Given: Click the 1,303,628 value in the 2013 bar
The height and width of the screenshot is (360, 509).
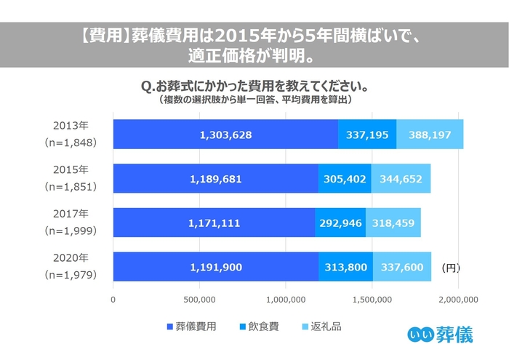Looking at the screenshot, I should point(225,135).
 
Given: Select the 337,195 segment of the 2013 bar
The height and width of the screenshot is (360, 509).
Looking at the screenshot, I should point(367,135).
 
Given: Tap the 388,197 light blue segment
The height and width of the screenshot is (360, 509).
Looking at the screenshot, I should point(430,135).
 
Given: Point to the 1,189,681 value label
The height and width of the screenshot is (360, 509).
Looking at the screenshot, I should point(216,179).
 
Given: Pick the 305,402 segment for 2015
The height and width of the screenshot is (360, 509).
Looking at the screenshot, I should point(345,179).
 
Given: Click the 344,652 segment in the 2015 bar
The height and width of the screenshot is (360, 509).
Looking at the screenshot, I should point(401,179).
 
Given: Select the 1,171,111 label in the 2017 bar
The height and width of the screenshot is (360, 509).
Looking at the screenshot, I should point(214,223).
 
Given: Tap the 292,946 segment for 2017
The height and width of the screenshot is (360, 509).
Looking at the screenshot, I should point(340,223).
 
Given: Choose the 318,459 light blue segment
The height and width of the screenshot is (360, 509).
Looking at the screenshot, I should point(393,223).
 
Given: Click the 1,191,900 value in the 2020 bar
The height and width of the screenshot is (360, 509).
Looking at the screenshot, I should point(216,268).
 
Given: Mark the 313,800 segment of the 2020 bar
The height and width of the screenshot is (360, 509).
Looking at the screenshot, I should point(345,268).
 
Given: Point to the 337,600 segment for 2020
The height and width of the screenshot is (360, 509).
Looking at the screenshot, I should point(402,268).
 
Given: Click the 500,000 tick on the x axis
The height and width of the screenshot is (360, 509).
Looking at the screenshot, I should point(199,299).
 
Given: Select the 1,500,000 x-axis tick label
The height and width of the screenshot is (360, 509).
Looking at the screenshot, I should point(372,299).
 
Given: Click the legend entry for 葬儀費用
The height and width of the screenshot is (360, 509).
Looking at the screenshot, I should point(191,327).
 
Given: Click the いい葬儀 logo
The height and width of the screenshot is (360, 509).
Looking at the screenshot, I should point(440,335).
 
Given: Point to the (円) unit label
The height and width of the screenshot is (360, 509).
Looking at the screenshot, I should point(450,268).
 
